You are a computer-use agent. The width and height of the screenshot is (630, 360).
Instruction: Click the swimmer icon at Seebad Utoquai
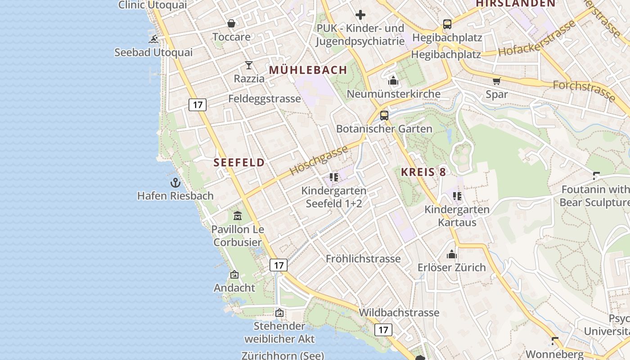coord(154,39)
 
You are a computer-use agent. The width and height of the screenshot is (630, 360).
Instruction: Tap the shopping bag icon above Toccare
coord(231,23)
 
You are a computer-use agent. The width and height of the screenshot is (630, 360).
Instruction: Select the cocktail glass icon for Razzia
coord(249,65)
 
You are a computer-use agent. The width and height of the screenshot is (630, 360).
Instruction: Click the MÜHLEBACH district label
coord(308,70)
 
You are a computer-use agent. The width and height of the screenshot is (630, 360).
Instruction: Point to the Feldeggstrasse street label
coord(265,99)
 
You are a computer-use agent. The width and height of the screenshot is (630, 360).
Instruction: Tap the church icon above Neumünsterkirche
coord(393,81)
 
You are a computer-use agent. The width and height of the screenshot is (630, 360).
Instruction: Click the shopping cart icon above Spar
coord(496,81)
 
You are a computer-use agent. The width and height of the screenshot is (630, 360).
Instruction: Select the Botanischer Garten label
coord(384,129)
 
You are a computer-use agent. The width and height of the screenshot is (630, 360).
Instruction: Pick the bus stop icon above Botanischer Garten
coord(384,115)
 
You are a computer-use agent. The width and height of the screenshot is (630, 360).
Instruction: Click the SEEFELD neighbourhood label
coord(239,162)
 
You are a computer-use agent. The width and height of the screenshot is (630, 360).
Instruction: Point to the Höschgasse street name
coord(319,160)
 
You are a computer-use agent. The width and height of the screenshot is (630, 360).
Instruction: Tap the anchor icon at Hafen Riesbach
coord(175,183)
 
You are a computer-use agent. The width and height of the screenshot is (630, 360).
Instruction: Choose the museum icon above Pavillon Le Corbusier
coord(238,216)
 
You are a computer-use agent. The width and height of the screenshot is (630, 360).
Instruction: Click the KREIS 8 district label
coord(424,172)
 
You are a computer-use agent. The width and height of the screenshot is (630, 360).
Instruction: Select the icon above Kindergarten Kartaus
coord(457,196)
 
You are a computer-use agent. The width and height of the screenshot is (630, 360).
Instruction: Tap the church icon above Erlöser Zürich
coord(452,254)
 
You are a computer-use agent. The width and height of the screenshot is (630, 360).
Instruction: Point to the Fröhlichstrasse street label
coord(363,259)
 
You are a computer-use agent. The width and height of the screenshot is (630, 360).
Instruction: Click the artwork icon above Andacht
coord(234,274)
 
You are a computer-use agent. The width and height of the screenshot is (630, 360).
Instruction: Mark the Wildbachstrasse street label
coord(399,312)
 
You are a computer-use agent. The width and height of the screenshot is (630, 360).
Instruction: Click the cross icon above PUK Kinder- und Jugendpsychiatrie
coord(360,15)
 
